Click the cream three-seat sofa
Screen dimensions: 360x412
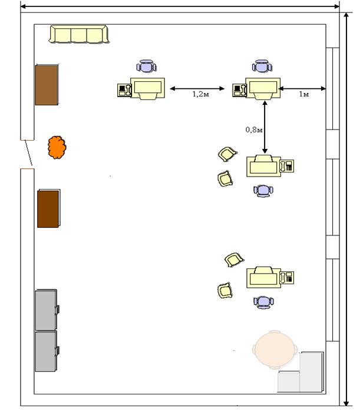click(78, 34)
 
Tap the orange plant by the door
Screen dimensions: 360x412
click(57, 147)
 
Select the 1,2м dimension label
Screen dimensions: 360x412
click(201, 94)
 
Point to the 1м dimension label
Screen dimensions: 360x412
click(303, 94)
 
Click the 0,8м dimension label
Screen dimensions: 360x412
click(254, 129)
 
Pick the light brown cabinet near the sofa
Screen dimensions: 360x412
click(47, 85)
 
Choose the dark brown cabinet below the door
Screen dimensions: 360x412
click(49, 208)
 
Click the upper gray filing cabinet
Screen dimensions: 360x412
click(47, 310)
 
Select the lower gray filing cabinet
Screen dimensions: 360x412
click(47, 351)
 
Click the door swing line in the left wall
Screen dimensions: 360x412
click(28, 152)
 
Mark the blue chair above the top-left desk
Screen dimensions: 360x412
click(146, 66)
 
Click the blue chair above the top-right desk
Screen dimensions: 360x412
click(262, 66)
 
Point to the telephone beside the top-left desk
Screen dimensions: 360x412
click(124, 90)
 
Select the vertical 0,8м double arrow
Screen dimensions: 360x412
click(265, 127)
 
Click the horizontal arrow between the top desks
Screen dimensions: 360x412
click(197, 88)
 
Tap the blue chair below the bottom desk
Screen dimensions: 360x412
click(263, 302)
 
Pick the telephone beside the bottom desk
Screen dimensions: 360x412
click(287, 278)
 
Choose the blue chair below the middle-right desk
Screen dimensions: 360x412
click(263, 191)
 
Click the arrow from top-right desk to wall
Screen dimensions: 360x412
click(302, 88)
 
